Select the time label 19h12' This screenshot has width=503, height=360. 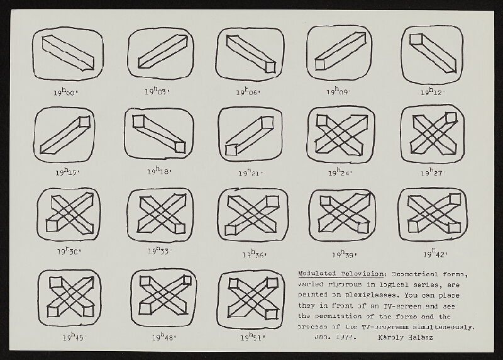coord(433,92)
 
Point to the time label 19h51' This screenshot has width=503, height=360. coord(251,337)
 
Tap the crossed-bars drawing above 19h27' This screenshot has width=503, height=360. coord(433,133)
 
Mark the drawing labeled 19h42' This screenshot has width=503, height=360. coord(433,215)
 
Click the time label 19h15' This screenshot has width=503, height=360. coord(66,170)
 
